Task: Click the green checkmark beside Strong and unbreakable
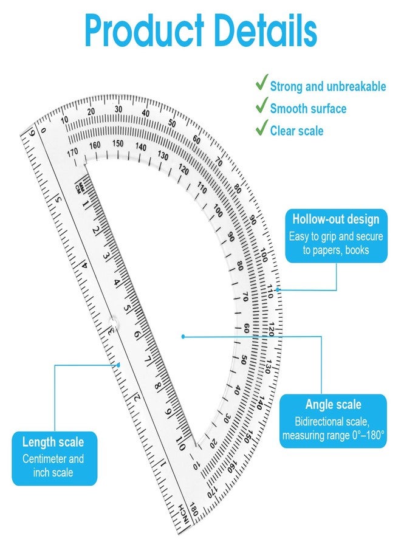click(262, 82)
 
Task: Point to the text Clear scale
click(296, 131)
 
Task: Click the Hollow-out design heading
click(336, 219)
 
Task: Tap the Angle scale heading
click(334, 404)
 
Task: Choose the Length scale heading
click(53, 442)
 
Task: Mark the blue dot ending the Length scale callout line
click(118, 365)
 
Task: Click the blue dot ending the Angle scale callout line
click(183, 336)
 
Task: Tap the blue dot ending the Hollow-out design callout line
click(278, 289)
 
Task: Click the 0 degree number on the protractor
click(43, 131)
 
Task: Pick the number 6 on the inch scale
click(32, 133)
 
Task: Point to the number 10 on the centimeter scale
click(181, 442)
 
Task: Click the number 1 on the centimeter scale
click(86, 203)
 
